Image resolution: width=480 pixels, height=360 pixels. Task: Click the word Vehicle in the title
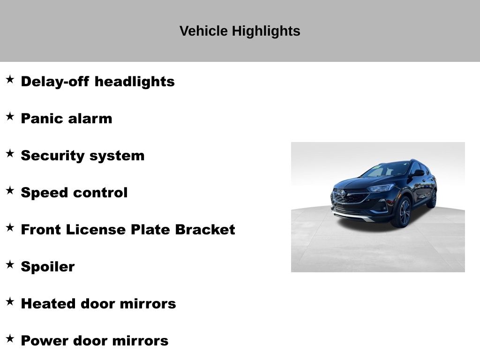point(203,31)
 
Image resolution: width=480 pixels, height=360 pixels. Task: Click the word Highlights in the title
point(266,31)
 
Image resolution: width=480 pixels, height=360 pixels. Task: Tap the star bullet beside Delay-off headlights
point(10,79)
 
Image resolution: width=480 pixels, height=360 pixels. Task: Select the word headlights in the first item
point(135,82)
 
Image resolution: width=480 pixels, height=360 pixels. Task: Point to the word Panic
point(42,119)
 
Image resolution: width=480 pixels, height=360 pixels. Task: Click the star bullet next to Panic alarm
point(10,116)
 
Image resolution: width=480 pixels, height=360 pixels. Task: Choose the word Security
point(52,156)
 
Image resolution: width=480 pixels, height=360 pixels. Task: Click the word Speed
point(44,193)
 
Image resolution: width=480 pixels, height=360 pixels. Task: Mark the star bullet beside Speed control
point(10,190)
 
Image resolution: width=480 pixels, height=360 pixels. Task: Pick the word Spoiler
point(48,267)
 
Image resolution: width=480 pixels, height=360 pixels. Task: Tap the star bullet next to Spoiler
point(10,264)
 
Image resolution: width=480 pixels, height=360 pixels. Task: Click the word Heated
point(48,304)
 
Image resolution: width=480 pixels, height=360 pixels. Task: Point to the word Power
point(45,341)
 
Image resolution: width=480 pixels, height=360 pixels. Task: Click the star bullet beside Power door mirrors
point(10,338)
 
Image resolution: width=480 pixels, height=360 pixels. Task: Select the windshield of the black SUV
point(386,169)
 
